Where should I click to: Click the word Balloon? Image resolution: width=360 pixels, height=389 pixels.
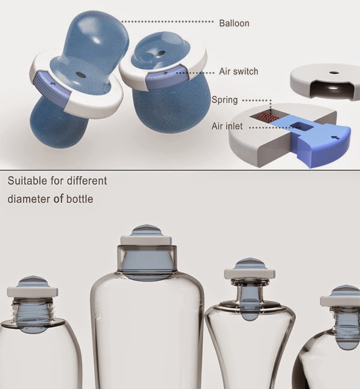(x=234, y=23)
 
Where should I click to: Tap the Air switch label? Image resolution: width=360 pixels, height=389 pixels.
(x=239, y=71)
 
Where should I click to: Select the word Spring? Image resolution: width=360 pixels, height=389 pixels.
(x=224, y=100)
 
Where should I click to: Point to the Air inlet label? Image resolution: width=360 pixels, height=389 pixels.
(x=227, y=126)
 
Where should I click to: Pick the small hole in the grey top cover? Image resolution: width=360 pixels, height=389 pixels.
(x=334, y=73)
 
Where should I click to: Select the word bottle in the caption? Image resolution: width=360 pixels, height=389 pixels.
(x=79, y=199)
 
